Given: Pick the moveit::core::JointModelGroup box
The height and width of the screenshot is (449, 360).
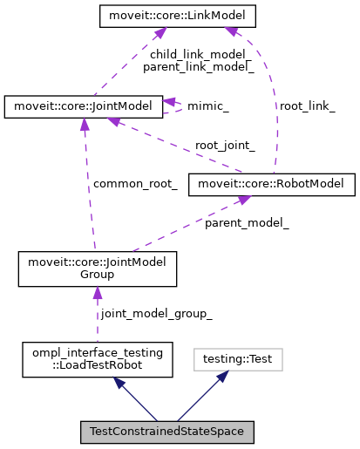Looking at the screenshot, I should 98,269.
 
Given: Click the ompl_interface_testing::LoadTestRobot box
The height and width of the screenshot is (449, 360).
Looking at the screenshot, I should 96,359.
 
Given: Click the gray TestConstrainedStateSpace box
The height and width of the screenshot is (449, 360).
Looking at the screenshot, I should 167,432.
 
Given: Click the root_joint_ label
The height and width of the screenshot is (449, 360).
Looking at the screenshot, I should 225,146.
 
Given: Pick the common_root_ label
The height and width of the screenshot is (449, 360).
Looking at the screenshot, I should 135,184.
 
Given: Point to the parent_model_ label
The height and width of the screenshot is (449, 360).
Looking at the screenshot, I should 247,223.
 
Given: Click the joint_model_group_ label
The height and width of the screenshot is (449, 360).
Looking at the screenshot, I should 156,313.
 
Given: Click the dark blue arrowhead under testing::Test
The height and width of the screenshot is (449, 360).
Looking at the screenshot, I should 222,377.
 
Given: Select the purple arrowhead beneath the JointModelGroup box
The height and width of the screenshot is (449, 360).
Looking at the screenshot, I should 98,294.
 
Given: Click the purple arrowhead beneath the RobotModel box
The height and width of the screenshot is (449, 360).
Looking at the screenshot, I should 244,201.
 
